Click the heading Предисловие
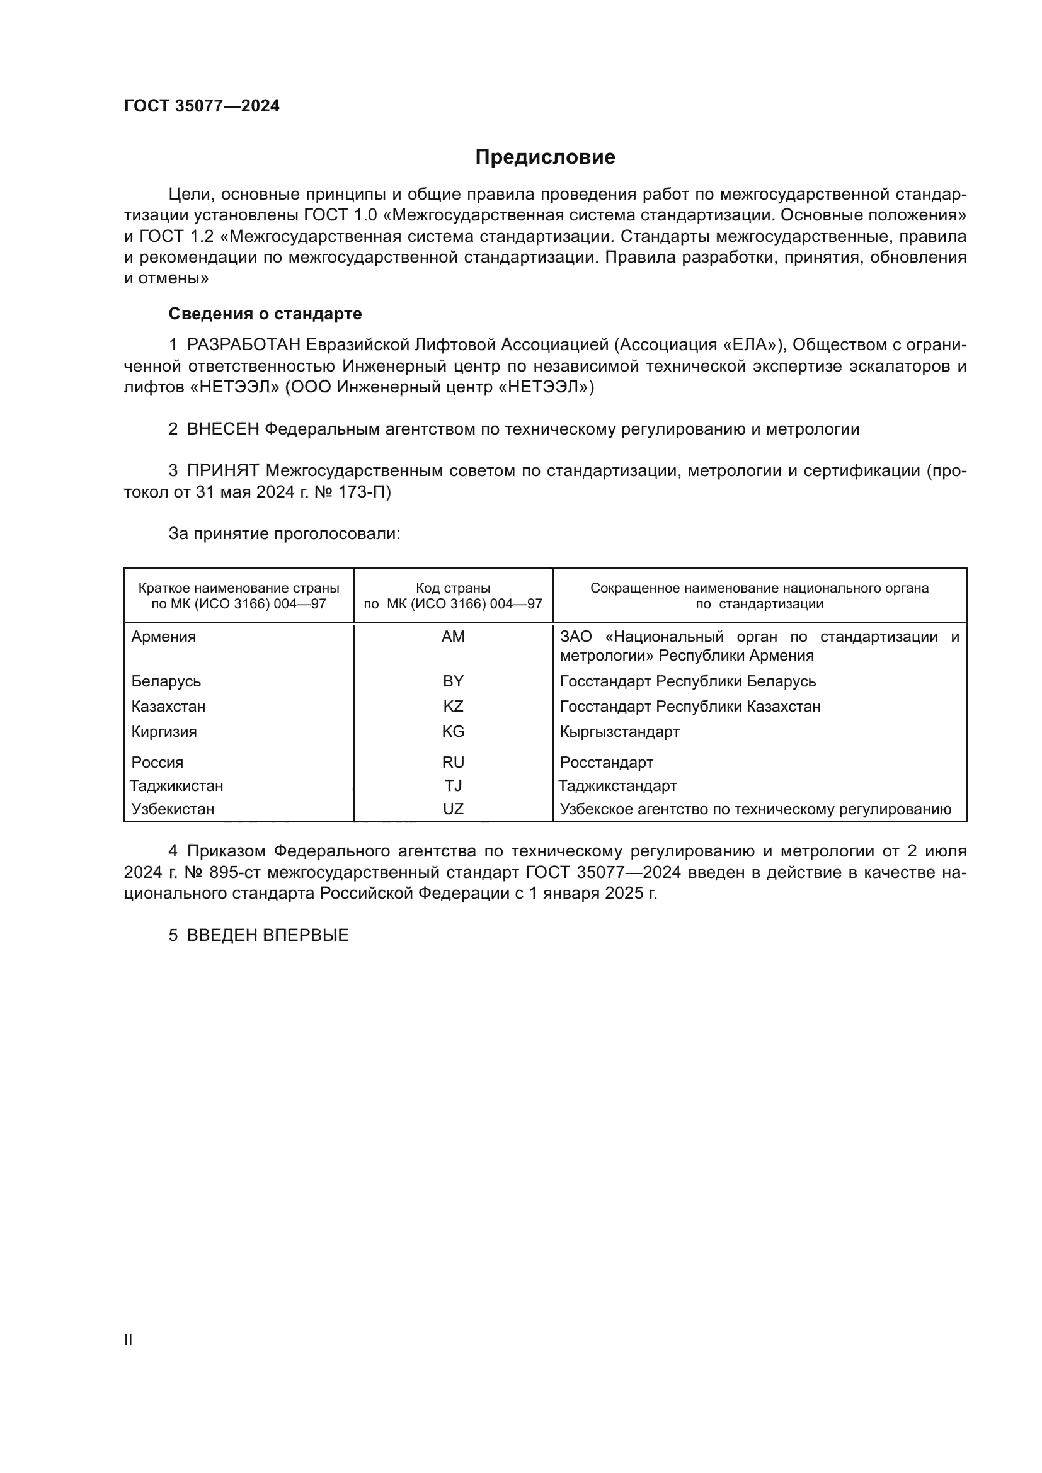(x=545, y=157)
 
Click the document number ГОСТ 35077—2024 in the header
(x=202, y=106)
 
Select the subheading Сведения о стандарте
(x=265, y=314)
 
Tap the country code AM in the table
(x=453, y=637)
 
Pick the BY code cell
(x=453, y=681)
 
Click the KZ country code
(x=453, y=707)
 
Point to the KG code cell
(x=453, y=732)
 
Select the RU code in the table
(x=453, y=763)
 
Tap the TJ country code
(x=453, y=786)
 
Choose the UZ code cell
(x=453, y=809)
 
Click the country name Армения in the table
(x=164, y=637)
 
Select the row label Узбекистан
(x=173, y=809)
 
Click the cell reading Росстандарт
(x=606, y=763)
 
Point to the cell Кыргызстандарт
(x=619, y=732)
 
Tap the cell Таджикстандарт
(x=617, y=786)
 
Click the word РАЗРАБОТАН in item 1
(x=244, y=345)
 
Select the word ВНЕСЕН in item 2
(x=222, y=429)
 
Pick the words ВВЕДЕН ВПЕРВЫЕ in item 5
(x=268, y=935)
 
